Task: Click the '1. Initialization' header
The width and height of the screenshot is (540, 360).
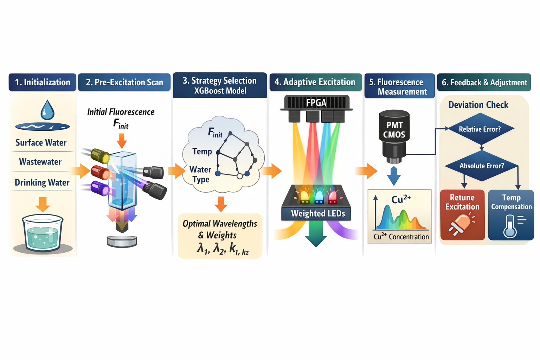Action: click(42, 82)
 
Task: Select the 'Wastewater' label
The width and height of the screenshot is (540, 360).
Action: click(40, 162)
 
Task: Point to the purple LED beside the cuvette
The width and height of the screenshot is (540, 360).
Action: click(100, 188)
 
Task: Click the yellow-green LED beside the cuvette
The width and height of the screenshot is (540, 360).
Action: click(100, 155)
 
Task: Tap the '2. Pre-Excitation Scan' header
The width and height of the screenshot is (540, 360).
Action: click(124, 82)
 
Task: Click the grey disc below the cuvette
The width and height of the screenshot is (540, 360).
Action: click(122, 241)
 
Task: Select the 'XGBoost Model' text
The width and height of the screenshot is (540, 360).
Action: click(220, 91)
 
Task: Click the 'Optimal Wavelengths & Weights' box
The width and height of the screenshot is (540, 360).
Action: click(220, 236)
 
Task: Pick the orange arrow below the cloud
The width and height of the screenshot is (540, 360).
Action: click(221, 204)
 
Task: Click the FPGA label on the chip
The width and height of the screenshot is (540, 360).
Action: click(316, 103)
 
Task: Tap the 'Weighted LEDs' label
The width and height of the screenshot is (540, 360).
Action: click(318, 213)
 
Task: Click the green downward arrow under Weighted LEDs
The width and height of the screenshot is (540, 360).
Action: click(316, 236)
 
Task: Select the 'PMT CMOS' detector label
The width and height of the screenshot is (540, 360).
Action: click(394, 130)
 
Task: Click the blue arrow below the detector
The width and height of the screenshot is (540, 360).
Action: click(394, 176)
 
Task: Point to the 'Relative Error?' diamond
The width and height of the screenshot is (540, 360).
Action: click(480, 129)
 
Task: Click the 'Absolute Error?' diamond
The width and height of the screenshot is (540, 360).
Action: click(482, 166)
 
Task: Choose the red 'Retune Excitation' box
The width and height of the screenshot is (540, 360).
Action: click(462, 215)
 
